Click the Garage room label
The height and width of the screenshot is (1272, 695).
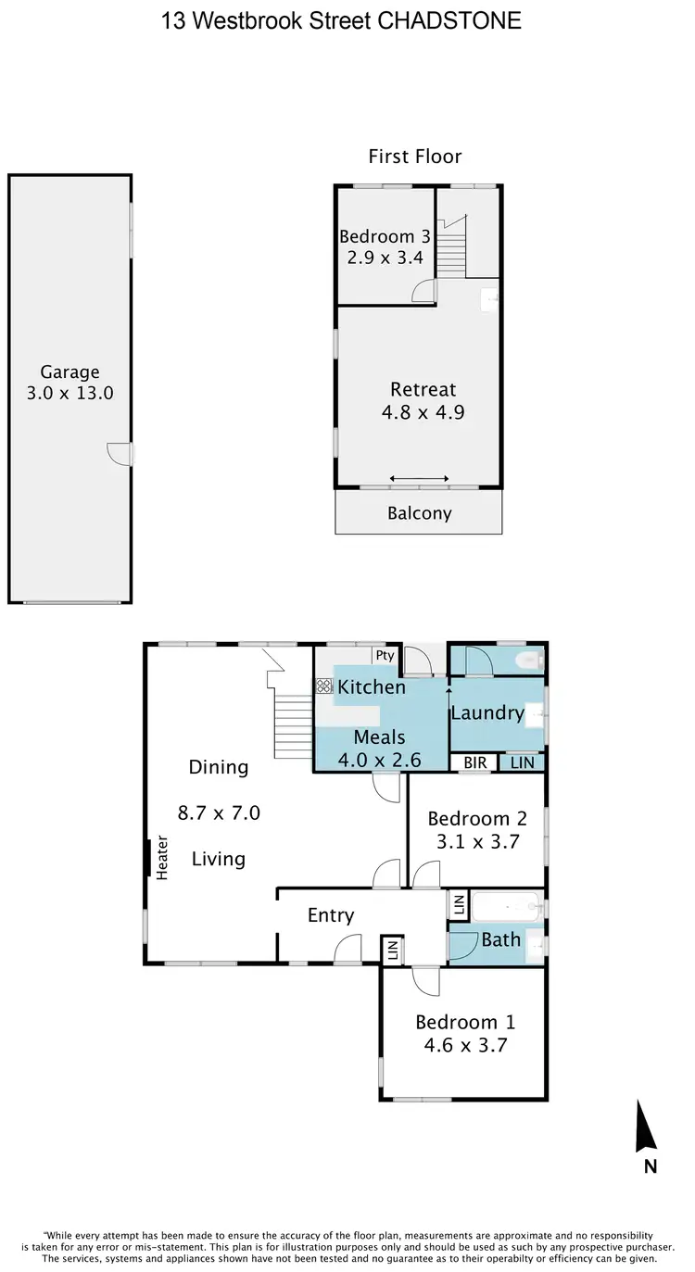point(69,372)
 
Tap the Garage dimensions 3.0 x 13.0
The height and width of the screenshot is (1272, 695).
point(69,393)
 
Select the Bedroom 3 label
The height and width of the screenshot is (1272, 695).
point(385,236)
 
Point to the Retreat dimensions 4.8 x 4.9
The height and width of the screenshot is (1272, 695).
point(423,412)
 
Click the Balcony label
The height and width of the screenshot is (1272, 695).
point(419,513)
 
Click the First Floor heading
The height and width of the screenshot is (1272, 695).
point(415,157)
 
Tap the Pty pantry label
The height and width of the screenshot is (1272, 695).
point(385,656)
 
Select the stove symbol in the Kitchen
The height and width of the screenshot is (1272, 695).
point(324,686)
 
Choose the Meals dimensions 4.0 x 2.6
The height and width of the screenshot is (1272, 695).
point(380,760)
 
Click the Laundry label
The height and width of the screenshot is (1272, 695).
point(487,712)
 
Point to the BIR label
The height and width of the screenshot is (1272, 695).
point(475,762)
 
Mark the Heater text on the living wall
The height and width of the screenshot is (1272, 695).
point(162,858)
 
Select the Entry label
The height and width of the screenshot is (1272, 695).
point(331,915)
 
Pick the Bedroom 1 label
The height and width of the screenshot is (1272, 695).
point(465,1022)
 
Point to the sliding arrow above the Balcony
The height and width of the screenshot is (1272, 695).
point(419,478)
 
